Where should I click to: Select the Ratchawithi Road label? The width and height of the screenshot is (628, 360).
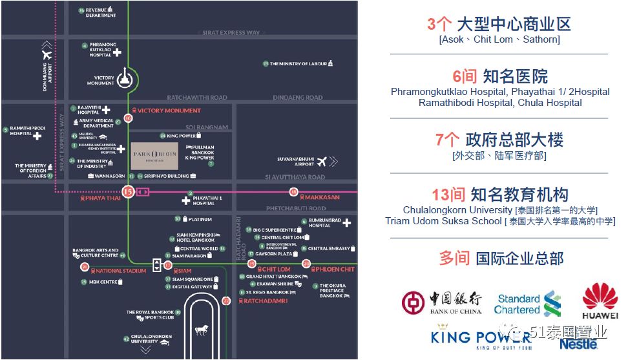[197, 98]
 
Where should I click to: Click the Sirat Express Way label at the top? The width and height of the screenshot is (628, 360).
[231, 32]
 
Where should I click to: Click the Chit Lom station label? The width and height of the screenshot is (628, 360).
[276, 270]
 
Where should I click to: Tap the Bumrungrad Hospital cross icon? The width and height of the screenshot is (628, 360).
[347, 223]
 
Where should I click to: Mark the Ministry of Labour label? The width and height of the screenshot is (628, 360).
[298, 64]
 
